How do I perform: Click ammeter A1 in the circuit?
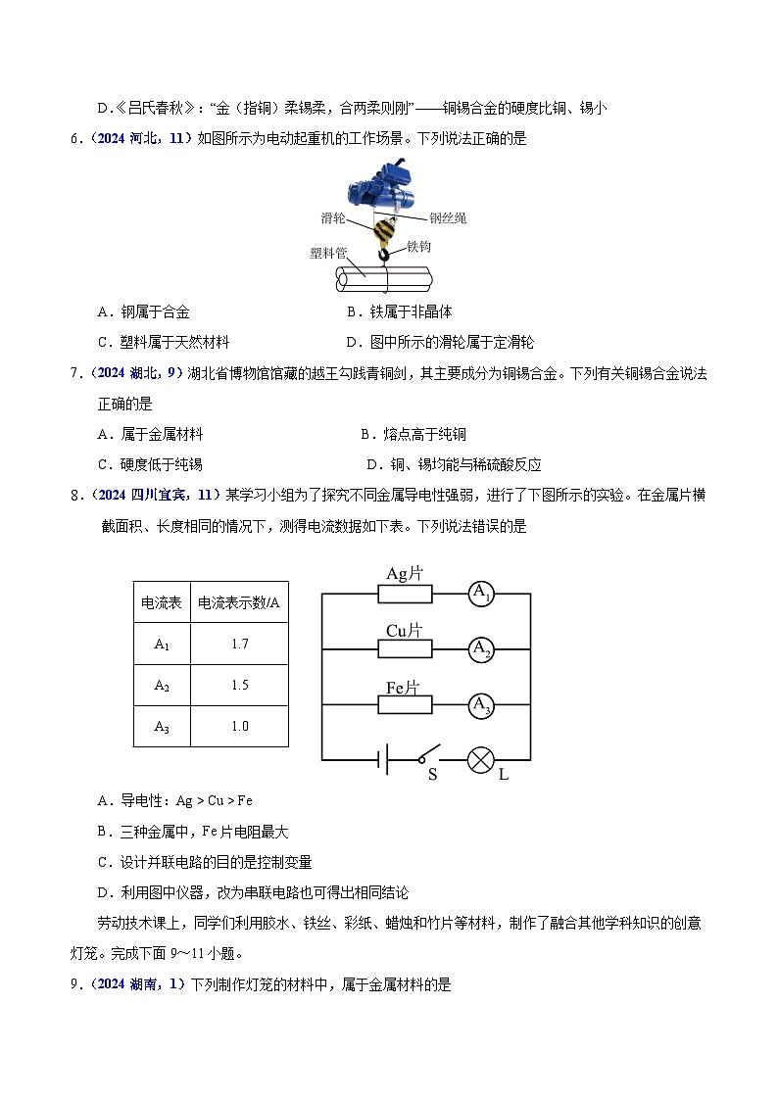coord(480,593)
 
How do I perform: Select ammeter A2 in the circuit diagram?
coord(480,648)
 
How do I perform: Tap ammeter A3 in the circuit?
coord(480,704)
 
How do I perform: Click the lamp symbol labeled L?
coord(480,759)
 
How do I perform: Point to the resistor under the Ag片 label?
coord(405,593)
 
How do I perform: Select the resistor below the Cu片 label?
coord(405,648)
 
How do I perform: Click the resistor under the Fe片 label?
coord(405,704)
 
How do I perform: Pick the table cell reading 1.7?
coord(239,645)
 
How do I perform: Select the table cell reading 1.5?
coord(239,686)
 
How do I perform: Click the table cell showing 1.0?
coord(239,726)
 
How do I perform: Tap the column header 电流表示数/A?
coord(239,603)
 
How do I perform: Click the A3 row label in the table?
coord(162,726)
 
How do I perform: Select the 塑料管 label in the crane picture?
coord(328,253)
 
